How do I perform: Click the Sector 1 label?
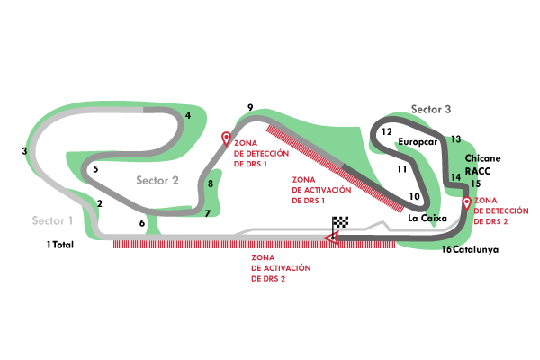pyautogui.click(x=52, y=220)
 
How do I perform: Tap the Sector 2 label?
pyautogui.click(x=157, y=180)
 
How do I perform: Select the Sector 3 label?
pyautogui.click(x=431, y=109)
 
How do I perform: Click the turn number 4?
pyautogui.click(x=188, y=115)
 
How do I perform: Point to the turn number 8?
pyautogui.click(x=211, y=184)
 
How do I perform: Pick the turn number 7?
pyautogui.click(x=207, y=213)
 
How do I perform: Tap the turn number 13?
pyautogui.click(x=455, y=139)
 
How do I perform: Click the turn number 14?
pyautogui.click(x=455, y=177)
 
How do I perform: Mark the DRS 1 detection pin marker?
pyautogui.click(x=226, y=139)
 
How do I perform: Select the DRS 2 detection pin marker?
pyautogui.click(x=466, y=203)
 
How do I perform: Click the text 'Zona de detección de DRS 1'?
pyautogui.click(x=261, y=153)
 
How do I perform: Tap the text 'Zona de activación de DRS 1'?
pyautogui.click(x=320, y=190)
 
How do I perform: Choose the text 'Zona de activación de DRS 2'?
pyautogui.click(x=281, y=267)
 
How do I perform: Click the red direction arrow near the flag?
pyautogui.click(x=331, y=237)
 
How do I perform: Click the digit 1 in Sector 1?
pyautogui.click(x=70, y=220)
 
